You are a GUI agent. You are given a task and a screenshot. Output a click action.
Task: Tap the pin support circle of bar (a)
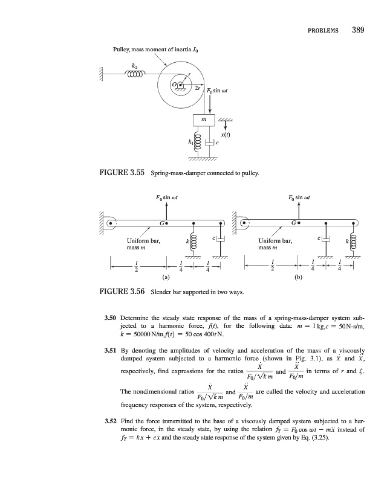pos(111,223)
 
